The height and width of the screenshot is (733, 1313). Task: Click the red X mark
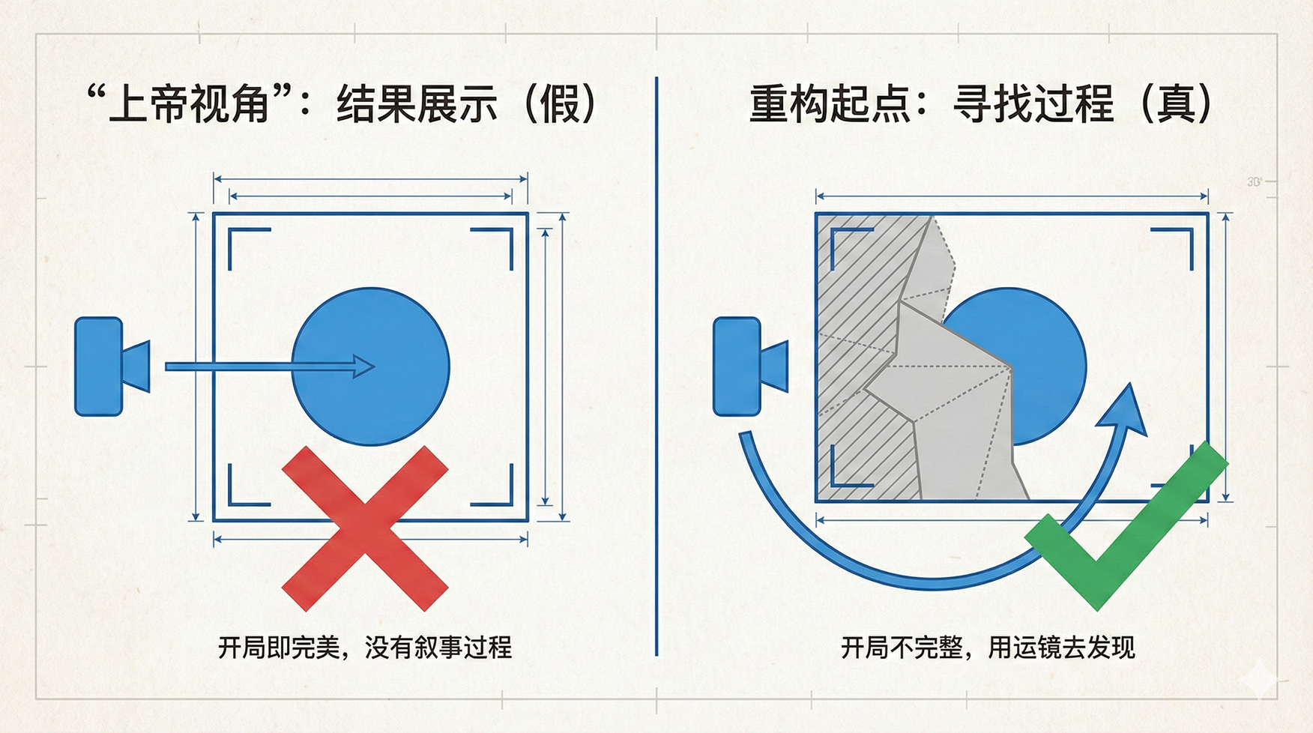(365, 528)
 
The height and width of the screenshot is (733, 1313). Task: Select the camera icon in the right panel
(750, 366)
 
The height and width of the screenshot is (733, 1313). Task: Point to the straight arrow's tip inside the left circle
(374, 366)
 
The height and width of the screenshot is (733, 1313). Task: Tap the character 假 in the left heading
(560, 103)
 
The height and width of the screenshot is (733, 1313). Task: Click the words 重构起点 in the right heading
(830, 103)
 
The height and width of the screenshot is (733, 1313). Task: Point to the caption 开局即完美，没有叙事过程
(365, 647)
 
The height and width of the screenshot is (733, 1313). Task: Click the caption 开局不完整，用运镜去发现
(988, 647)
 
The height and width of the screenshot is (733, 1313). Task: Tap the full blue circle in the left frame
(370, 366)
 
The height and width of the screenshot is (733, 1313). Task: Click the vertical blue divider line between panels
(656, 366)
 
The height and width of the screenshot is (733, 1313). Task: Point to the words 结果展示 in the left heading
(417, 103)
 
